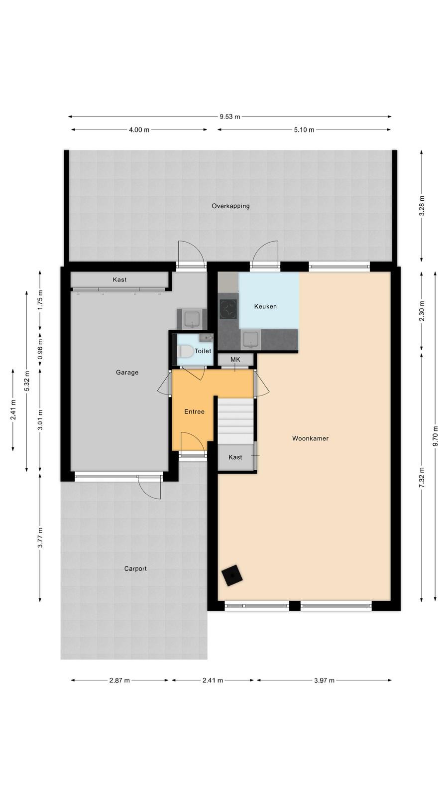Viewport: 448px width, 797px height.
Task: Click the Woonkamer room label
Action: (310, 438)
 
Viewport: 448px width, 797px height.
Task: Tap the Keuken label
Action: (265, 306)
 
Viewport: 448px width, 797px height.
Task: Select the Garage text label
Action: (127, 373)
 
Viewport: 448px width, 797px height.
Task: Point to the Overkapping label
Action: (230, 206)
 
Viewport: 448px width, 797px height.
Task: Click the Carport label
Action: (135, 569)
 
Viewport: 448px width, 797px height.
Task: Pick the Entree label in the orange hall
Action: (194, 411)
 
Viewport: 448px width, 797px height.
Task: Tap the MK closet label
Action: (235, 360)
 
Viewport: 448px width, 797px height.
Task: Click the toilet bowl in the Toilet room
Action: (185, 352)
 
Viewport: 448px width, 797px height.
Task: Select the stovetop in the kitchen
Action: (228, 309)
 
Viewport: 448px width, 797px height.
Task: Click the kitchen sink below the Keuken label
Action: (251, 340)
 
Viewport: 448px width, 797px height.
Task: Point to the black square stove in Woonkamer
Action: (232, 575)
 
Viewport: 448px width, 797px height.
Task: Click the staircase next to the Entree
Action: (235, 421)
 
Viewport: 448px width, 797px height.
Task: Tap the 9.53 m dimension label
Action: (229, 117)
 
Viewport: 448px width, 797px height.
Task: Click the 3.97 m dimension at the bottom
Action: (324, 680)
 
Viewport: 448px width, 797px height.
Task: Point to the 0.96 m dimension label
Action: (40, 349)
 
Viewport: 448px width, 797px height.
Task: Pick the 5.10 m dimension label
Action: (304, 130)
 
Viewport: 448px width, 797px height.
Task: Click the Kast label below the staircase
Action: (235, 457)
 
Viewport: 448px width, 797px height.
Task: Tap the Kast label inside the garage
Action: (119, 279)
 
